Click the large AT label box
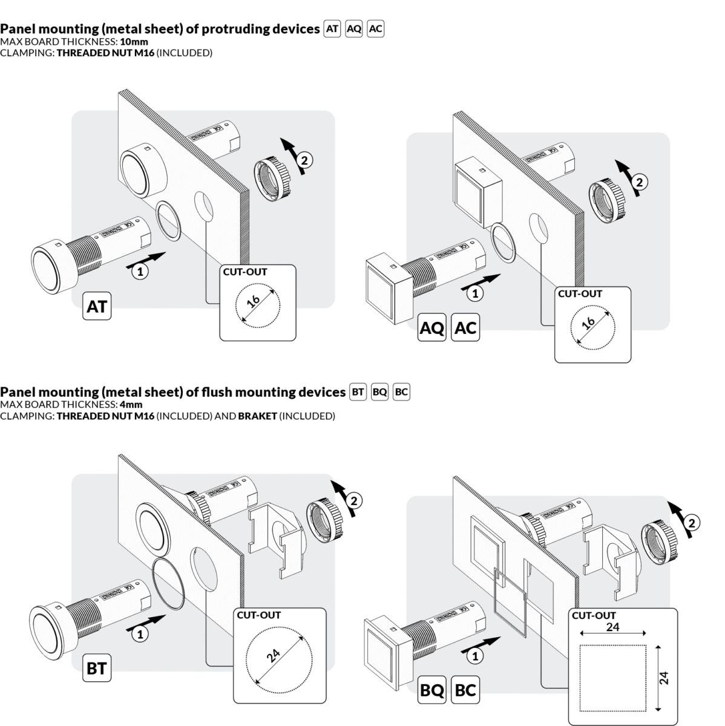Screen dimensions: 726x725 point(97,307)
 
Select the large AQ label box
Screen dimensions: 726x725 point(432,329)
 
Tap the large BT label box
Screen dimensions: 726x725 point(97,669)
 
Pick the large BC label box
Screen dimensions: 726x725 point(465,690)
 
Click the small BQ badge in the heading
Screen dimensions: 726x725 point(379,392)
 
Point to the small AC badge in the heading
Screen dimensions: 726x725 point(376,29)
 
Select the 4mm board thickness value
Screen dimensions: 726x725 point(132,405)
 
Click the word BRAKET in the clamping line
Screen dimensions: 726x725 point(257,416)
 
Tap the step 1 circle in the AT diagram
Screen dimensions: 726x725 point(140,272)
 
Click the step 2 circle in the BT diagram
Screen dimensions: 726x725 point(355,500)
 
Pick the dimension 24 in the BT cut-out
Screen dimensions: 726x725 point(274,655)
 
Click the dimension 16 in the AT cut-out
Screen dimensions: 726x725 point(254,301)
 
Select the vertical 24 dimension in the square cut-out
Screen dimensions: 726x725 point(664,677)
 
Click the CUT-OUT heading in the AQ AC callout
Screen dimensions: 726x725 point(580,294)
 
